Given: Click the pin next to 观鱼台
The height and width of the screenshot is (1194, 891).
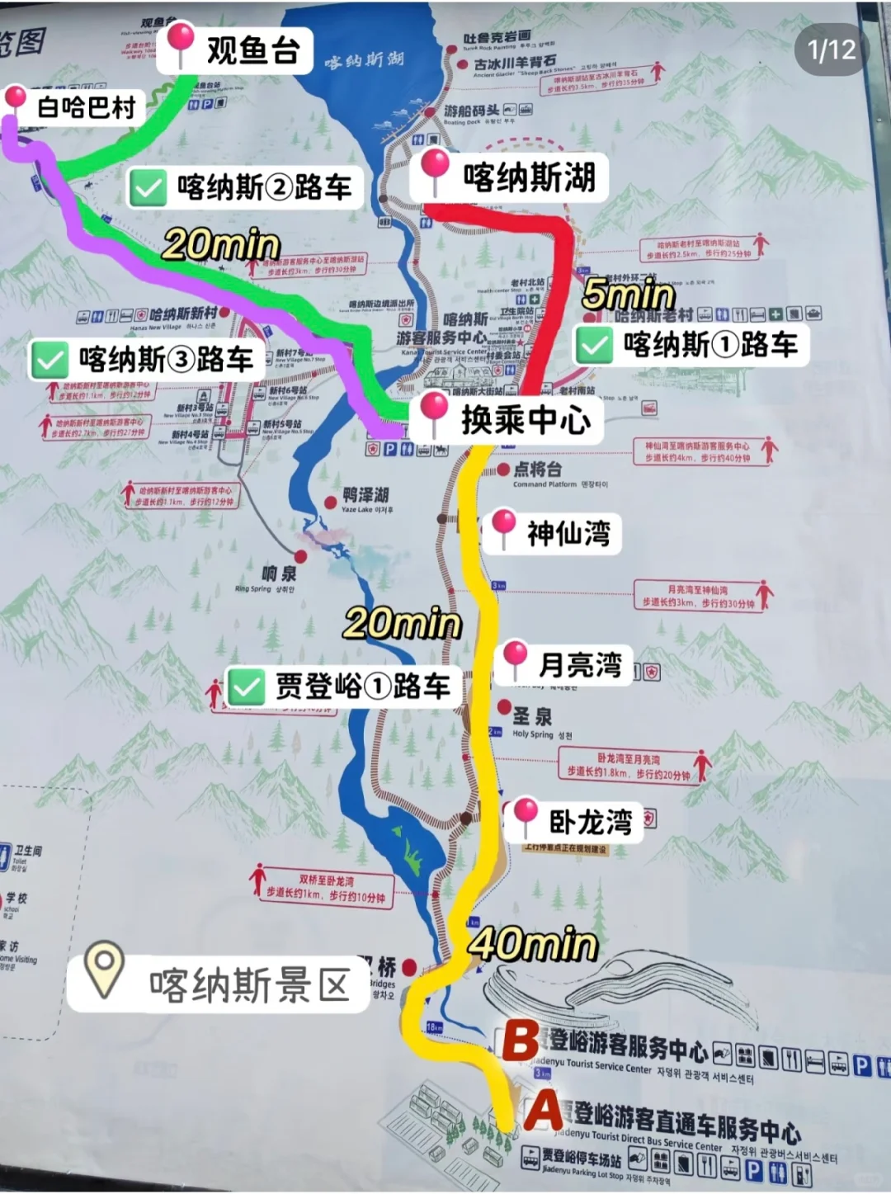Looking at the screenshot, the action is coord(181,43).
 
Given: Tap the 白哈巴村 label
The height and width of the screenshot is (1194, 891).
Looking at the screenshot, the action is coord(86,106).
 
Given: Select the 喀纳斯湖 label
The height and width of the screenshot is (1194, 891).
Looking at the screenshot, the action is coord(529,177).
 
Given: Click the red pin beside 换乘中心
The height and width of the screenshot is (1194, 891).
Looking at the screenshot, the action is coord(434,412).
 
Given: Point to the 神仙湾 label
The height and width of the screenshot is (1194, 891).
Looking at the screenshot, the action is coord(568,533).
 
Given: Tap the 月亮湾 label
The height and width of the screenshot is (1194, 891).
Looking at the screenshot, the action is coord(579,664).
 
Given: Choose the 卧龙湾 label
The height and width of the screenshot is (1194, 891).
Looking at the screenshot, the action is coord(590,821).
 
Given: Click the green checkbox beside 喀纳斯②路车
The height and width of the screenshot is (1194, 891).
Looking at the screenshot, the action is coord(148,188).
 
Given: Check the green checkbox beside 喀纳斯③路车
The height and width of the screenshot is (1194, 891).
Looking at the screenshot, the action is coord(49,360).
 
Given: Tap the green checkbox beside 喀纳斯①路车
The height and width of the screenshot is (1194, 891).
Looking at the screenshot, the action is coord(594,345).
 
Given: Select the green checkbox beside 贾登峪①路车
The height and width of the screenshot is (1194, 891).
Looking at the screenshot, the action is coord(246,687).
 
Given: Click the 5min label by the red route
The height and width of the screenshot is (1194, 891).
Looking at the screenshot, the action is coord(629,295).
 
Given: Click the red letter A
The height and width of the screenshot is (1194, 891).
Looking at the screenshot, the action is coord(544,1111).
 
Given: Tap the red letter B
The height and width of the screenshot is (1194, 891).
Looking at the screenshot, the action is coord(521,1041).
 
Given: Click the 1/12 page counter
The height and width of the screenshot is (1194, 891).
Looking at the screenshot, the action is coord(832,50).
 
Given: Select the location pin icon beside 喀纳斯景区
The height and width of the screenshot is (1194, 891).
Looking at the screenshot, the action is coord(105,970).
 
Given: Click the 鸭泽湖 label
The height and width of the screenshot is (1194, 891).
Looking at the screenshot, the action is coord(365,495).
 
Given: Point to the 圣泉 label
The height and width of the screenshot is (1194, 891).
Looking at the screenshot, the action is coord(532,715).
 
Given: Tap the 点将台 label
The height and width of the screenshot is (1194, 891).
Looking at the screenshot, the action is coord(537,470).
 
